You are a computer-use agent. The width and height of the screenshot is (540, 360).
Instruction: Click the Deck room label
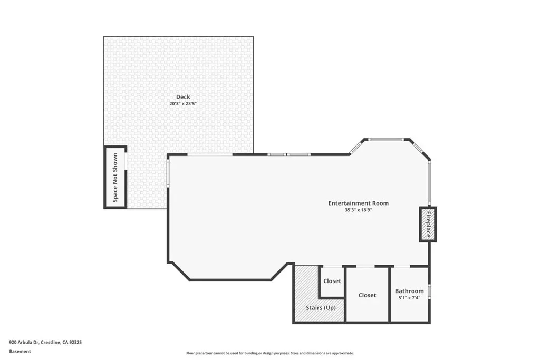pos(183,97)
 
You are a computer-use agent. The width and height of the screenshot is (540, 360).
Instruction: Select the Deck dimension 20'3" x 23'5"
pos(183,104)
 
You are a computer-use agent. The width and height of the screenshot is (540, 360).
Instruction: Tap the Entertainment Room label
pos(358,203)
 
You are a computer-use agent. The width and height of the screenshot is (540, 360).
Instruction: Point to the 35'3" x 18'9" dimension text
pos(358,210)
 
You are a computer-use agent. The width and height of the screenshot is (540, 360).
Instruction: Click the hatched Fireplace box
pos(428,225)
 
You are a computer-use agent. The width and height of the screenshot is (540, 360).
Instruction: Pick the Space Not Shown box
pos(115,177)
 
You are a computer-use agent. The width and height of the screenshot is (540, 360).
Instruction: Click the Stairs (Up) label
pos(321,308)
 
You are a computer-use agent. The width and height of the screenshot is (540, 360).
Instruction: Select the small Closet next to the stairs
pos(332,281)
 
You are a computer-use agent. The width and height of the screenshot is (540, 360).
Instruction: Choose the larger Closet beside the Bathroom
pos(367,295)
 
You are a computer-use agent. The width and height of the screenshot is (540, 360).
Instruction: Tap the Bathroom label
pos(409,291)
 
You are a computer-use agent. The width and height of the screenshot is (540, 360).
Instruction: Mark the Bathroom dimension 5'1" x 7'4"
pos(409,298)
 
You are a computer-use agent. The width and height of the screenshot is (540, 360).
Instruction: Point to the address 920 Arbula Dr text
pos(45,343)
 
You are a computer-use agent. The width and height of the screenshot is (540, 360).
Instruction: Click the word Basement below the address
pos(20,352)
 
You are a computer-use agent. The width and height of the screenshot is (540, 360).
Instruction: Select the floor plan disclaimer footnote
pos(270,353)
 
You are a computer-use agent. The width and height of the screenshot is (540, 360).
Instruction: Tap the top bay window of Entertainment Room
pos(385,139)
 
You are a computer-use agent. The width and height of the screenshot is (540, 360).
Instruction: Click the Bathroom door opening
pos(402,266)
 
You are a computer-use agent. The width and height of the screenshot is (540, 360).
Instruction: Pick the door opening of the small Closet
pos(333,266)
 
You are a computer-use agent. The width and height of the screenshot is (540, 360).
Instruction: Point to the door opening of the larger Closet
pos(365,266)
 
